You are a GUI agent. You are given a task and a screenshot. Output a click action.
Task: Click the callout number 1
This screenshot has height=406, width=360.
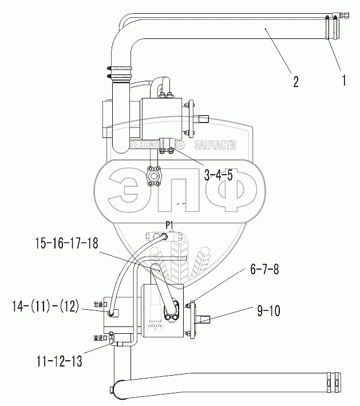[343, 81]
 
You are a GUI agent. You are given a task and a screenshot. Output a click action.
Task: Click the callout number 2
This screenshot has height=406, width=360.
[295, 81]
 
